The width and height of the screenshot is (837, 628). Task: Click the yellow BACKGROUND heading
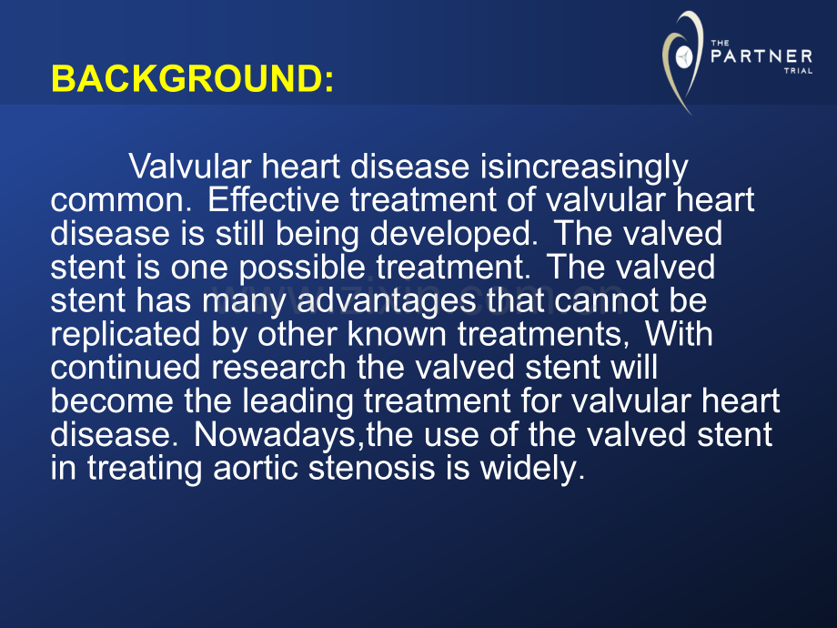tap(193, 78)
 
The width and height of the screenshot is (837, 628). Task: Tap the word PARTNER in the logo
tap(761, 56)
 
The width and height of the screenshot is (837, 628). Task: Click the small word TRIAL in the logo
tap(799, 70)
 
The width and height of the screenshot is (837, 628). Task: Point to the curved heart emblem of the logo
tap(681, 61)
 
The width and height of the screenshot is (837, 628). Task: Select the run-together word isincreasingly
tap(584, 167)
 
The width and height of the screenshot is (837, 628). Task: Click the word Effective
tap(273, 199)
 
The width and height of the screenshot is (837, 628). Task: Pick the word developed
tap(454, 235)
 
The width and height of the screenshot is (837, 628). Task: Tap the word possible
tap(302, 268)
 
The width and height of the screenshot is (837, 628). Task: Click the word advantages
tap(386, 301)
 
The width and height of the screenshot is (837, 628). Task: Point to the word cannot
tap(606, 301)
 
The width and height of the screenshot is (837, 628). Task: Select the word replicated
tap(126, 335)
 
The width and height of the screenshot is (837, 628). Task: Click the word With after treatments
tap(679, 334)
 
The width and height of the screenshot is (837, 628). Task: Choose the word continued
tap(126, 368)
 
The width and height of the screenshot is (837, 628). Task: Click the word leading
tap(297, 401)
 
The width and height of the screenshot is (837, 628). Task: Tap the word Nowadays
tap(275, 435)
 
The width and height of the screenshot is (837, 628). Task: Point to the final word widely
tap(533, 469)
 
